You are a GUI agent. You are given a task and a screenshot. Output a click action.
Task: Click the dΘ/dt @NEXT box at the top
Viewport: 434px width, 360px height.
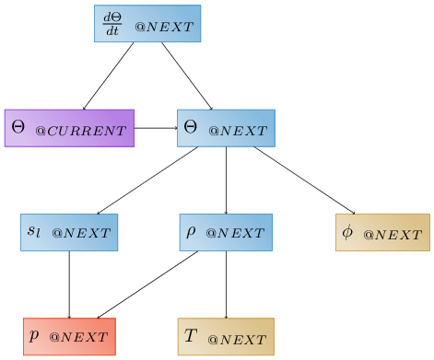coord(147,24)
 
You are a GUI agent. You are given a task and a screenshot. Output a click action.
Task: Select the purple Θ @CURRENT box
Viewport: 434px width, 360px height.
coord(69,128)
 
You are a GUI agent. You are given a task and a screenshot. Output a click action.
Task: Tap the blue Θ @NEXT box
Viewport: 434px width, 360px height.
coord(226,128)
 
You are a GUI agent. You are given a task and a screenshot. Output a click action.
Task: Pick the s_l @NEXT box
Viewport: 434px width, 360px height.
coord(69,232)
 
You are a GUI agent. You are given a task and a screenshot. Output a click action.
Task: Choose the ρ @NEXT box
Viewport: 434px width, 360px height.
coord(226,232)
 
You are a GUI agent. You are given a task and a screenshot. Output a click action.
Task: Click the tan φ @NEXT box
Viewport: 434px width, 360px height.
coord(382,232)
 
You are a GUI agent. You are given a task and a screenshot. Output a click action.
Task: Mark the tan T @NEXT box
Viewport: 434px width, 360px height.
coord(226,336)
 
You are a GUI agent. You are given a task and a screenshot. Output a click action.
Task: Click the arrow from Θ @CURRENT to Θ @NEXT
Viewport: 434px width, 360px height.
coord(155,128)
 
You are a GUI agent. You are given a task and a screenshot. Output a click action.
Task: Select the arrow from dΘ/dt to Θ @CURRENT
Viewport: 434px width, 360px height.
coord(109,75)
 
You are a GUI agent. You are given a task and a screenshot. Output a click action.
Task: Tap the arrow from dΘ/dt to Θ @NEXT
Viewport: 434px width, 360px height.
coord(187,75)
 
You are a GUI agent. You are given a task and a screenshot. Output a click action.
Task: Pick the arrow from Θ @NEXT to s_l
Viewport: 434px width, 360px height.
coord(147,180)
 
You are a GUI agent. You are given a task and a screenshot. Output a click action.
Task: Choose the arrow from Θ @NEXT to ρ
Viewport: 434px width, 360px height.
coord(226,180)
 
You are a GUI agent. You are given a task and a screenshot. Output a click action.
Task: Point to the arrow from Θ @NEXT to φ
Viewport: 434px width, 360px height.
coord(304,180)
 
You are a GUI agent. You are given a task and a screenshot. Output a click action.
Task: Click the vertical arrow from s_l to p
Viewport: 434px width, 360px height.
coord(69,284)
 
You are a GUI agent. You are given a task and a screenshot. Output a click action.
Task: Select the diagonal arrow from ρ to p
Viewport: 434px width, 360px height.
coord(147,284)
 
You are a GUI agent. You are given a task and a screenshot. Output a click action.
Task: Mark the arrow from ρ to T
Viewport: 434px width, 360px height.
coord(226,284)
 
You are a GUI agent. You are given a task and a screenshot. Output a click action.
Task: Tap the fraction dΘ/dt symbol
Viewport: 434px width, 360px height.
coord(112,24)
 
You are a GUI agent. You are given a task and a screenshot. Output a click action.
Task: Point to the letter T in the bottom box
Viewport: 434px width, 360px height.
coord(191,335)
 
